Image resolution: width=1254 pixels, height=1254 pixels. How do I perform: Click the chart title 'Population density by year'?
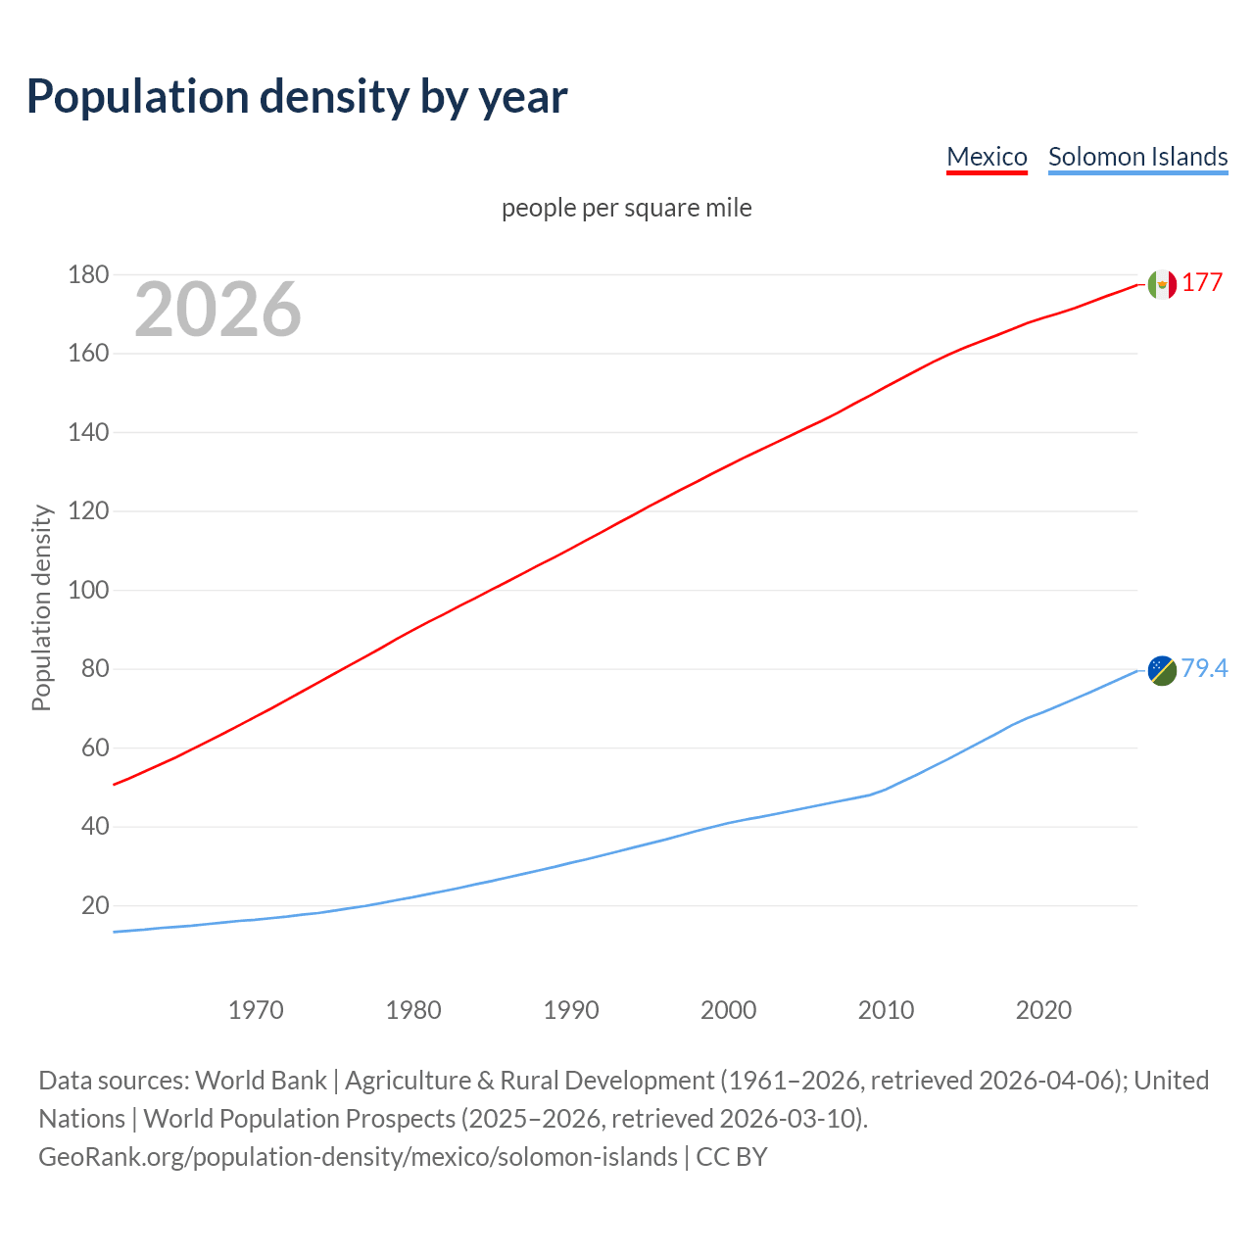(297, 97)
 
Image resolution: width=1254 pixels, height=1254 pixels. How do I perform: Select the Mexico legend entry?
(987, 157)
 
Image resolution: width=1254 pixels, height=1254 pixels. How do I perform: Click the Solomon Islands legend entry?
(1137, 157)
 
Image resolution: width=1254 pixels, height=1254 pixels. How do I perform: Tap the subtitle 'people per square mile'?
(626, 208)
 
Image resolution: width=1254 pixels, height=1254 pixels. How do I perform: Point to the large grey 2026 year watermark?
(217, 310)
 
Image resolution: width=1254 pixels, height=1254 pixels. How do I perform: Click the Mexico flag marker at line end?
(1162, 284)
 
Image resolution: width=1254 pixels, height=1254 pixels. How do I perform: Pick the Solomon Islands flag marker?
(1162, 670)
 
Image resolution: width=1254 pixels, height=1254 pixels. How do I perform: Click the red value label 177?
(1202, 283)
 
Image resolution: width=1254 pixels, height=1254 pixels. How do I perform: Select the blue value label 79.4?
(1204, 668)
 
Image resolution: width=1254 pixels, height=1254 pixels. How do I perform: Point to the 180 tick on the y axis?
(88, 275)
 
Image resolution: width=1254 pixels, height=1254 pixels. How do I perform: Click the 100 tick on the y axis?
(88, 591)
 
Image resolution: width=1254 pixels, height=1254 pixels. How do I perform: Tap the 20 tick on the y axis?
(95, 906)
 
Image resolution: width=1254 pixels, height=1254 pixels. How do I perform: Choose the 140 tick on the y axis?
(88, 433)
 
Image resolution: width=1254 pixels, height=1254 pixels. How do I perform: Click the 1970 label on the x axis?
(256, 1010)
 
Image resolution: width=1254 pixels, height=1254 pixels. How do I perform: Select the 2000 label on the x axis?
(728, 1010)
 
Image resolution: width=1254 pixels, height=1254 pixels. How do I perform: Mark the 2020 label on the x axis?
(1043, 1010)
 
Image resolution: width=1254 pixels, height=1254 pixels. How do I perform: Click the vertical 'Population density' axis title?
(41, 607)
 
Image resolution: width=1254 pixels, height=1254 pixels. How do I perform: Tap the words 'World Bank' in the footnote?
(261, 1081)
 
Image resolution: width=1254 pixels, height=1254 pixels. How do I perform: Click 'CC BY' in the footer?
(732, 1157)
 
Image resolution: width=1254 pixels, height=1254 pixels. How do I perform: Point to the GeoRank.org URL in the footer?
(358, 1157)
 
